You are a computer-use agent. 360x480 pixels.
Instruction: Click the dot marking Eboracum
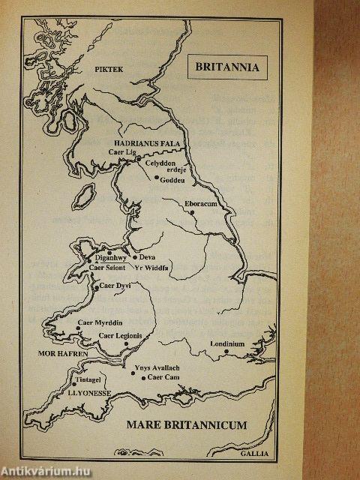tap(193, 212)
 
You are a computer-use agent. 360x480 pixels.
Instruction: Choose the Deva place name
tap(147, 257)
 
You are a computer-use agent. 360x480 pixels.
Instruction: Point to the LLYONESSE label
tap(90, 391)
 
